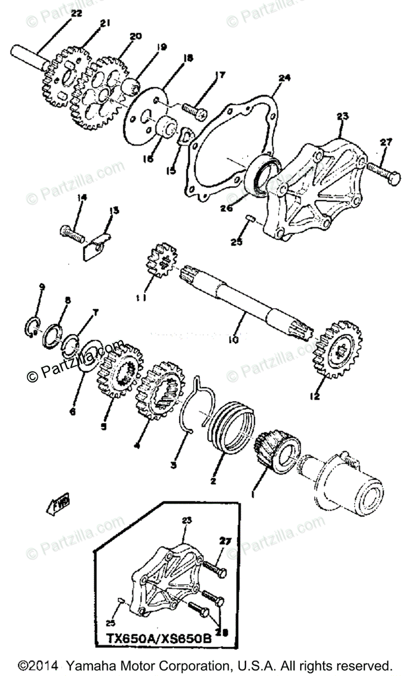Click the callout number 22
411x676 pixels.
(77, 13)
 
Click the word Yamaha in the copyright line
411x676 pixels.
(90, 665)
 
